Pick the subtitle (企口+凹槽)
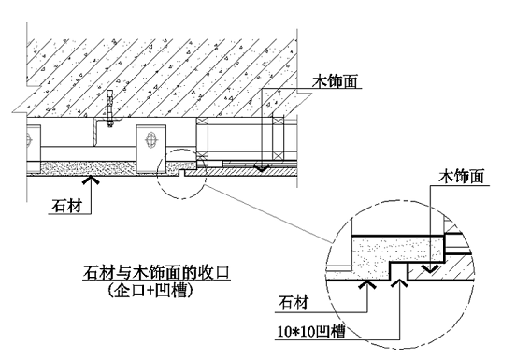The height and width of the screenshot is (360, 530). coord(155,290)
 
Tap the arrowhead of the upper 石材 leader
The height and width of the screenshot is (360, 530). coord(90,175)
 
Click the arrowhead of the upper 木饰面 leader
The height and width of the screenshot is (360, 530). coord(263,167)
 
